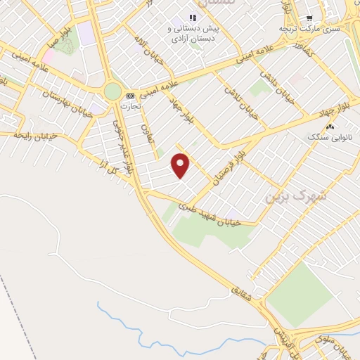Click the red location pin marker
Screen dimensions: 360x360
tap(181, 165)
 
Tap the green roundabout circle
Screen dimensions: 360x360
tap(112, 91)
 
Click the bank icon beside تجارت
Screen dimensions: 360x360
tap(129, 96)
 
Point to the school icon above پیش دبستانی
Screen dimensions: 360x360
tap(193, 18)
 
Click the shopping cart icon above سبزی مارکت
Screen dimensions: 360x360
tap(309, 18)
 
